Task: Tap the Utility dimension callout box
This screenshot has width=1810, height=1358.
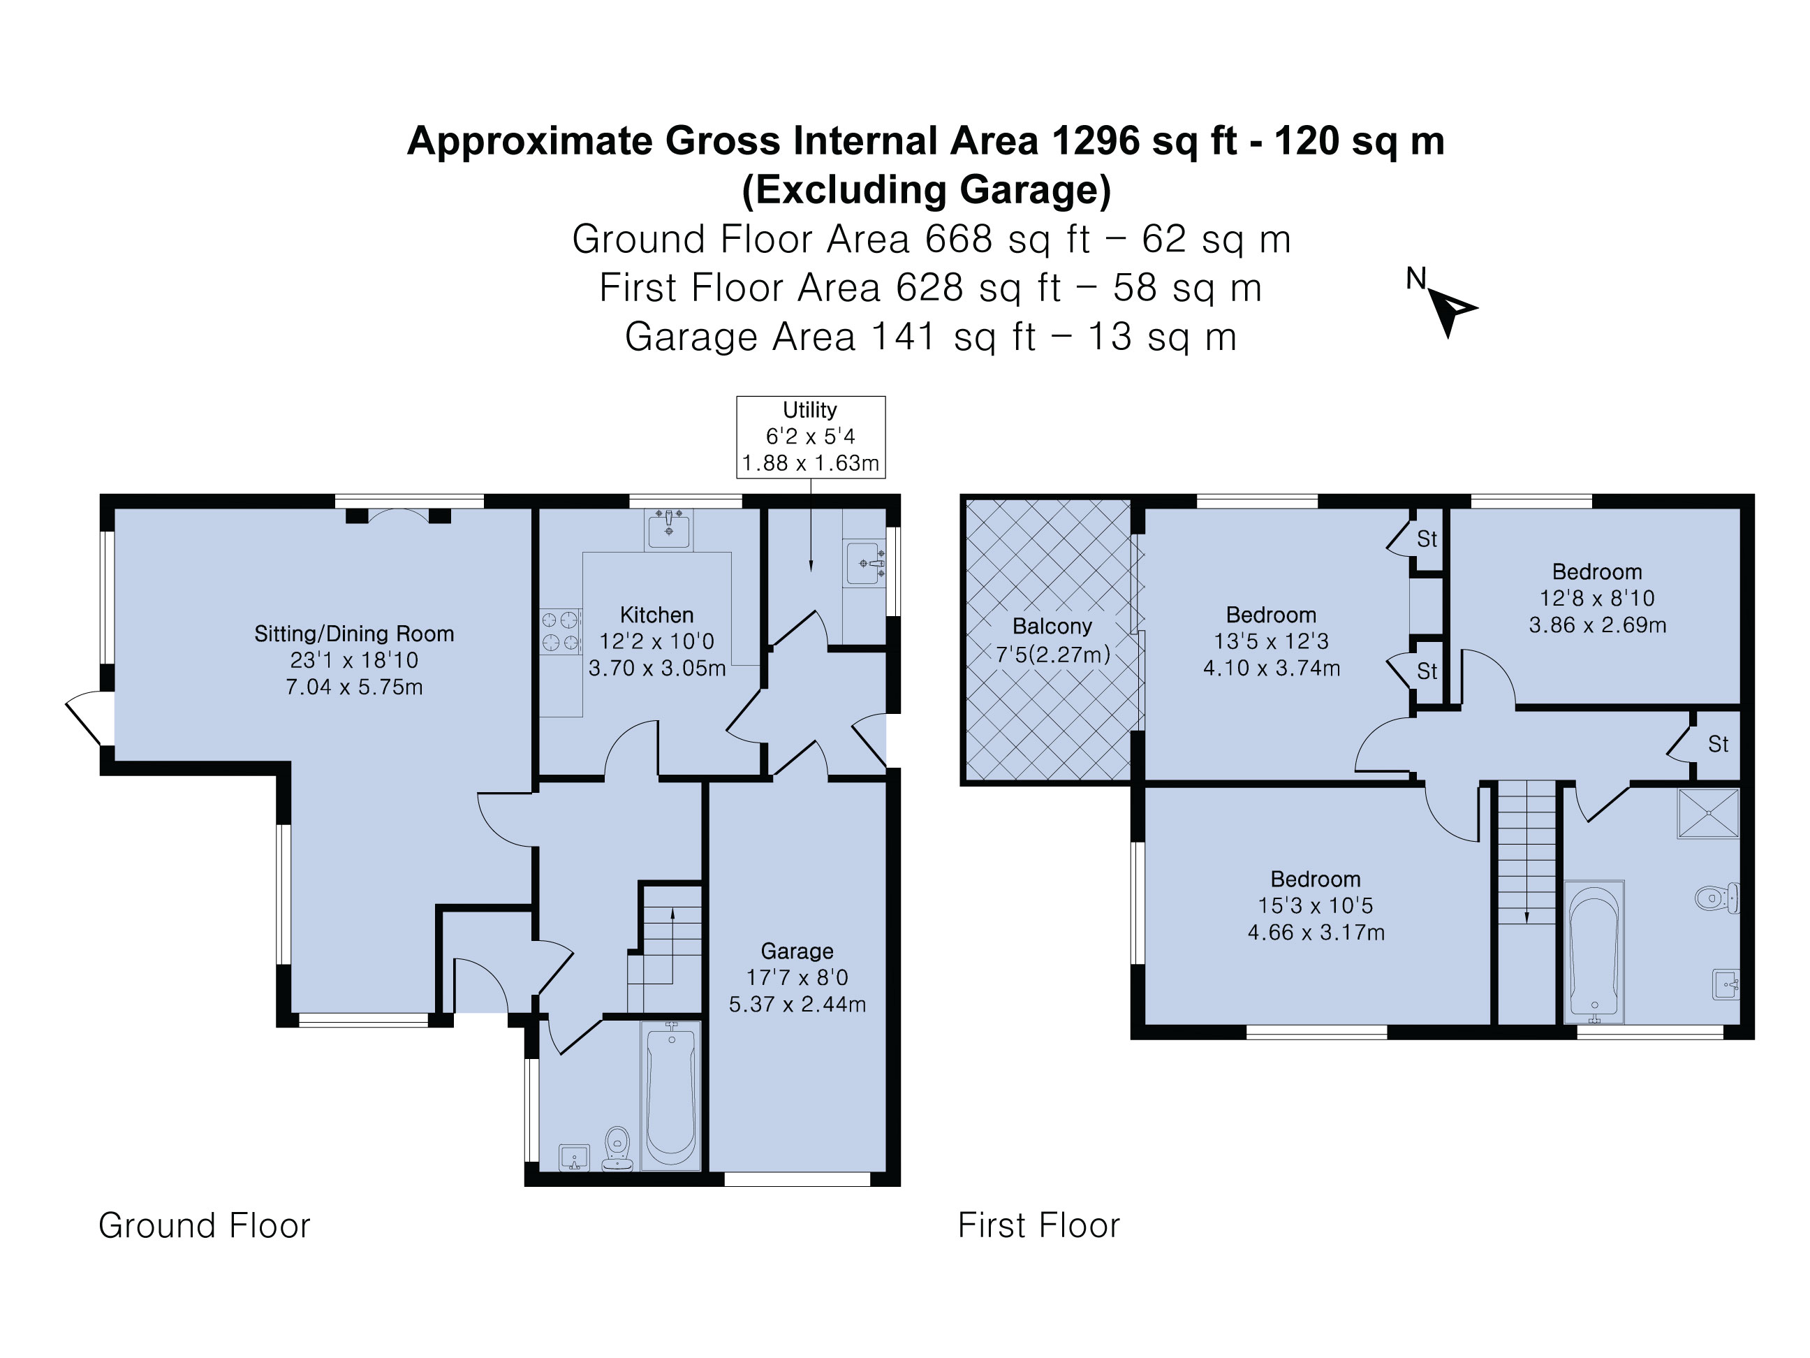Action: (x=810, y=437)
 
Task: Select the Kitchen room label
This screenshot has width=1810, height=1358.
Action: (x=656, y=615)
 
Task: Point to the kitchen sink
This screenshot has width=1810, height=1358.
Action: (x=668, y=529)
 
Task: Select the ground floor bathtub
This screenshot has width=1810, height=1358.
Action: (x=671, y=1095)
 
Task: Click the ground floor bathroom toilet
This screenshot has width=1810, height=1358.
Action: (x=617, y=1149)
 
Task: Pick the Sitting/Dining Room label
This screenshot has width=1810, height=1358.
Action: (x=353, y=634)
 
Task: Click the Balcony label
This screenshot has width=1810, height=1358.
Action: (x=1052, y=626)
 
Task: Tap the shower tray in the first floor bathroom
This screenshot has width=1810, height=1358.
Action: (x=1708, y=814)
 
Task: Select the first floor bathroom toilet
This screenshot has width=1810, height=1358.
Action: (x=1716, y=898)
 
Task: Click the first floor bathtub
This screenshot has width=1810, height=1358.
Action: (x=1594, y=952)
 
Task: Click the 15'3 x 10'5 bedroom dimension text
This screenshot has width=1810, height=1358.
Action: (x=1315, y=906)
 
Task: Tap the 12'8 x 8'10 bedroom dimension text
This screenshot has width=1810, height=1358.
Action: (x=1597, y=599)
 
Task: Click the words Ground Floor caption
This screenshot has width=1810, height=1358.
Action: (x=205, y=1226)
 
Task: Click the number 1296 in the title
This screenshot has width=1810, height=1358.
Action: (x=1095, y=141)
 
